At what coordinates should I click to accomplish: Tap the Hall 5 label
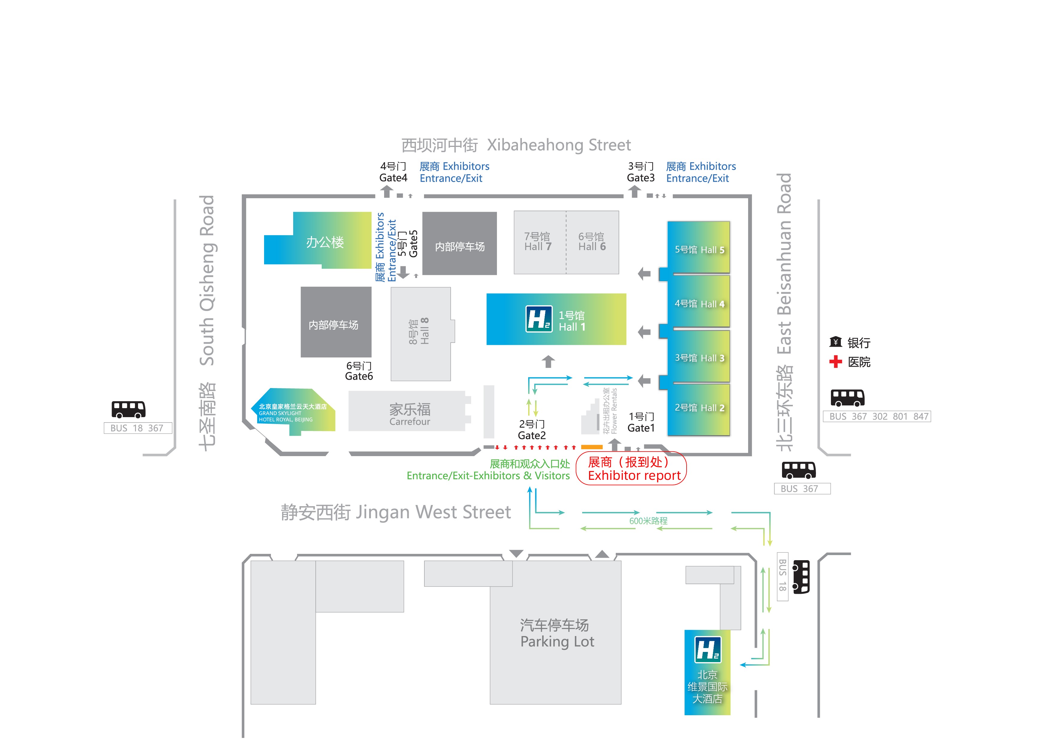tap(699, 250)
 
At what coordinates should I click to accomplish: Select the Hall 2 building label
tap(699, 408)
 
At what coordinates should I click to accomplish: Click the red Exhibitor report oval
tap(631, 468)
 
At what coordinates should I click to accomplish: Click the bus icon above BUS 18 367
tap(128, 409)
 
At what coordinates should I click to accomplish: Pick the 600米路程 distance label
tap(648, 521)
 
